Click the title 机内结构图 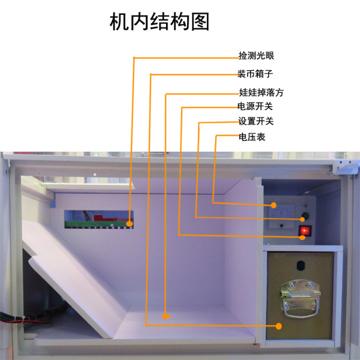coord(159,22)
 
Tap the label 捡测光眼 coord(256,56)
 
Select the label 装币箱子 coord(255,74)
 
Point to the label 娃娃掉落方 coord(261,92)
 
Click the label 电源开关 coord(255,106)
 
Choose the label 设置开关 coord(256,121)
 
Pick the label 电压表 coord(252,137)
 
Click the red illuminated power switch coord(305,230)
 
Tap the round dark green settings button coord(305,216)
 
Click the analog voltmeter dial coord(282,212)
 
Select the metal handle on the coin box coord(300,299)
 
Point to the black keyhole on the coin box coord(300,266)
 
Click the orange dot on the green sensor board coord(129,224)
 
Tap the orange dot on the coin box coord(279,326)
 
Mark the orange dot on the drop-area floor coord(166,317)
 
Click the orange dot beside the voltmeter coord(273,205)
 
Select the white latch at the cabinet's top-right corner coord(346,167)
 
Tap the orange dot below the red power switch coord(302,238)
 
